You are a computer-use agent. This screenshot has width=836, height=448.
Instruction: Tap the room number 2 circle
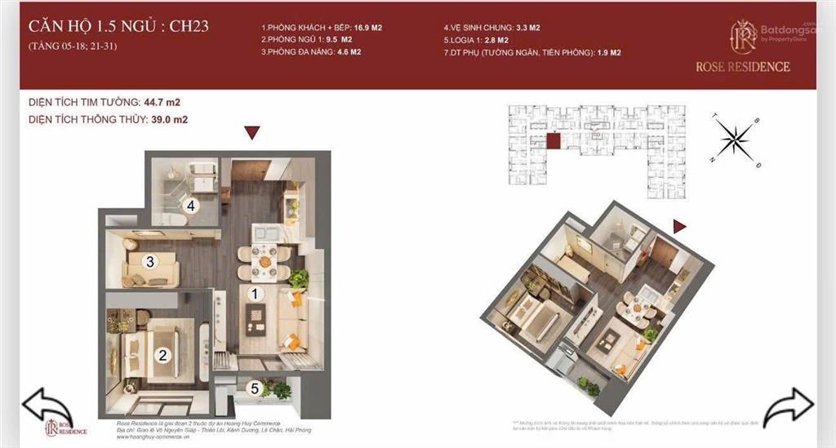tap(163, 355)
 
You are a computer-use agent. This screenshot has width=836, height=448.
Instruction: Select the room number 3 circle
tap(149, 262)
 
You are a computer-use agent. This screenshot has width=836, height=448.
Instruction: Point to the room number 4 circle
tap(190, 206)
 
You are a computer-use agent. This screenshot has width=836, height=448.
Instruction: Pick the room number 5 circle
tap(255, 389)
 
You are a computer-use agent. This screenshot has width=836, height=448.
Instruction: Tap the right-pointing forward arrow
tap(789, 406)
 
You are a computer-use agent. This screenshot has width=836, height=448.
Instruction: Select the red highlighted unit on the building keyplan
tap(554, 142)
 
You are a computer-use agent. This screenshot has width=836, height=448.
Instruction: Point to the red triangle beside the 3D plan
tap(679, 226)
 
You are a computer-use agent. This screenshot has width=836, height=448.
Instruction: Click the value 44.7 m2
tap(162, 103)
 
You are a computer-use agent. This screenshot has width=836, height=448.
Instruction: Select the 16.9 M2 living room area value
tap(368, 28)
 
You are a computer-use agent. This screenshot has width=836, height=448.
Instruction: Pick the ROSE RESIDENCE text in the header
tap(742, 66)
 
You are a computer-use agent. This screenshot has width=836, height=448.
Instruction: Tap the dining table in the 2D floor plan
tap(263, 263)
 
